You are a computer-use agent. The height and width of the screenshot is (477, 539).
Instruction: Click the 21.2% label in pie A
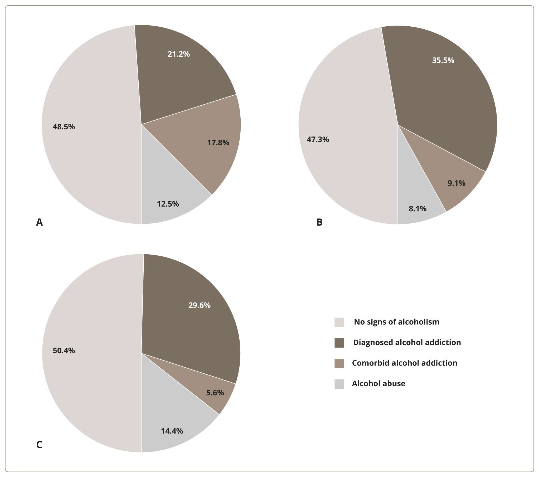(178, 54)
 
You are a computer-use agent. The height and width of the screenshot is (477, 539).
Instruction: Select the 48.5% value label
(64, 127)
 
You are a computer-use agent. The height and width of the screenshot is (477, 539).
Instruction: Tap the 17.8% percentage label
(218, 143)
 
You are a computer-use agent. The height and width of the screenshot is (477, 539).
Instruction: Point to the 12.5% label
(168, 204)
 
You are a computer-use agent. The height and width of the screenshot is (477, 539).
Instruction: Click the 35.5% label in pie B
(443, 60)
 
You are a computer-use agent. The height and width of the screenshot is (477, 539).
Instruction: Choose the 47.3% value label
(318, 139)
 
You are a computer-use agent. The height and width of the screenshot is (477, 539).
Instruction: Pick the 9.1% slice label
(457, 183)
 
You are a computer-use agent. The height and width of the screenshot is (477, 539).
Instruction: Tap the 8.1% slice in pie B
(418, 208)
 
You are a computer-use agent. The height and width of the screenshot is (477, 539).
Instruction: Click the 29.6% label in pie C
(199, 305)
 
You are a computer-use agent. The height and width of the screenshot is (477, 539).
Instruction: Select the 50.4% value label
(64, 351)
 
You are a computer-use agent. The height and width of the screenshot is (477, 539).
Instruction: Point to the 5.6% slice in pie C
(215, 393)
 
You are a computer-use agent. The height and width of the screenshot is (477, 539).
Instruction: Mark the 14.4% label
(172, 431)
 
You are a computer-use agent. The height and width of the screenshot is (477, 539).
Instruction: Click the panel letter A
(39, 222)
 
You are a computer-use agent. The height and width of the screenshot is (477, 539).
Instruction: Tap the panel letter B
(319, 222)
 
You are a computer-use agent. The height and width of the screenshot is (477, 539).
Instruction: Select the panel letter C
(39, 445)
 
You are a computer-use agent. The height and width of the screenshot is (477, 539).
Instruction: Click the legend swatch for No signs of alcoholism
(339, 322)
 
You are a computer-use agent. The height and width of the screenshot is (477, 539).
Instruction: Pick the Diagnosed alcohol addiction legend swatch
(339, 343)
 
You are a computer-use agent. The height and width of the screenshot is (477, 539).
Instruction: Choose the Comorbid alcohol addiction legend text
(405, 363)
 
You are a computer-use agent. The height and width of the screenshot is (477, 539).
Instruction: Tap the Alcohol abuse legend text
(378, 383)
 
